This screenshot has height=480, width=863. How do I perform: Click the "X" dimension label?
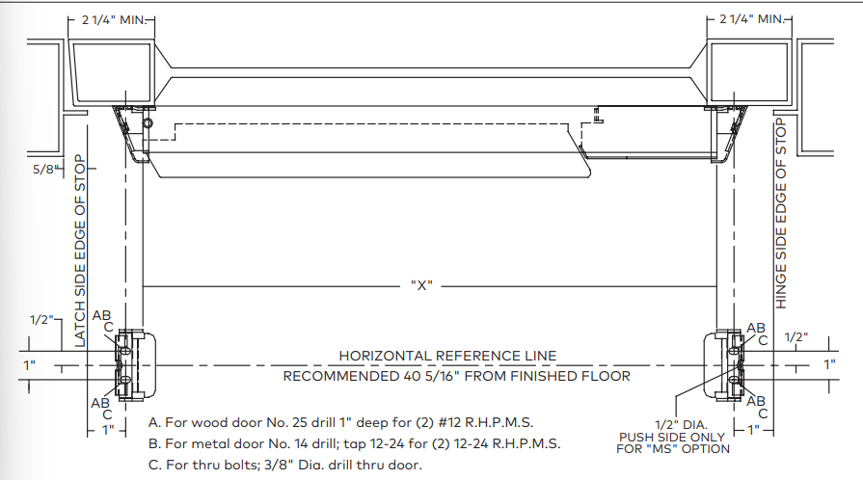point(421,285)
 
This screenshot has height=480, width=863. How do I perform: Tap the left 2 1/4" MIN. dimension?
point(114,20)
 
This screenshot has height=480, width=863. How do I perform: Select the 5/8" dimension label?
point(45,169)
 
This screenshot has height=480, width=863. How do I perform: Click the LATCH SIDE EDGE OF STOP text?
point(80,251)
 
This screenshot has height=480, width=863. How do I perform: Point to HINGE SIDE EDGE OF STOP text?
point(781,214)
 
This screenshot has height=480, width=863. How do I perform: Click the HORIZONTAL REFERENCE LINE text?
point(447,357)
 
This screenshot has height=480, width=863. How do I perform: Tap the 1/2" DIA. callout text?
point(681,425)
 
